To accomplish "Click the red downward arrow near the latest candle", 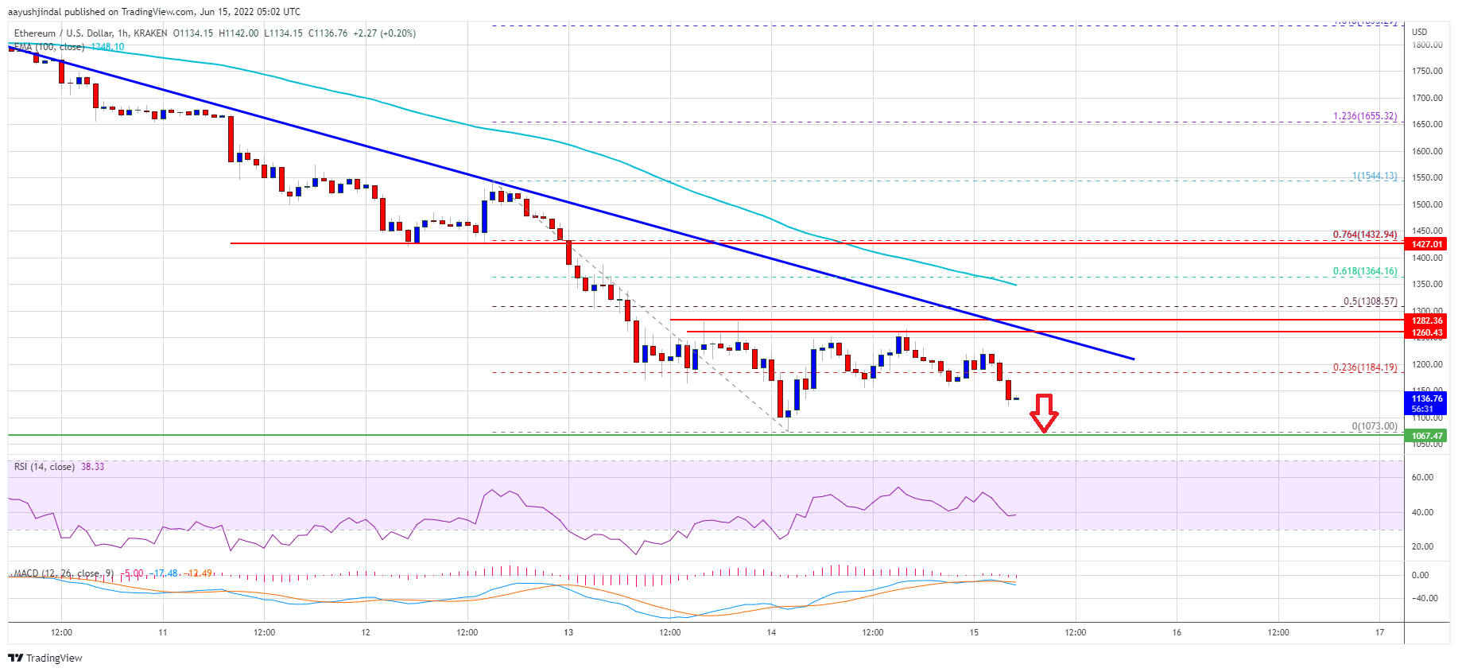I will click(x=1043, y=413).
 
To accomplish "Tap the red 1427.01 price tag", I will click(x=1427, y=244).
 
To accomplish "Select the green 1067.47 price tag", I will click(x=1427, y=436).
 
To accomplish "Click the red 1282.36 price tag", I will click(x=1427, y=320).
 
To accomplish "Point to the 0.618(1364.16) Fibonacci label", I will click(x=1364, y=271).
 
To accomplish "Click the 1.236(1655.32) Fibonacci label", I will click(x=1364, y=116).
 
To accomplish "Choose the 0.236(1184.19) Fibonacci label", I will click(x=1364, y=367).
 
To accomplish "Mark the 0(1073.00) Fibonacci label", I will click(x=1374, y=426).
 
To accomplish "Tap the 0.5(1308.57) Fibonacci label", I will click(x=1370, y=301).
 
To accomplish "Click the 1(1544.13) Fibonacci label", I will click(x=1374, y=176).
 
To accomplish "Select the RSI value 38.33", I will click(x=92, y=467).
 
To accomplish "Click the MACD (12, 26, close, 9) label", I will click(x=64, y=573).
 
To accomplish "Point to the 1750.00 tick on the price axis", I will click(x=1426, y=72).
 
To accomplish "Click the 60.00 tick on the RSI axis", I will click(x=1422, y=478).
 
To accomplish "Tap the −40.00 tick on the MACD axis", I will click(x=1424, y=599).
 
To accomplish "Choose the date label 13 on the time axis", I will click(x=568, y=633).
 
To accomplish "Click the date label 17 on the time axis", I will click(x=1379, y=633).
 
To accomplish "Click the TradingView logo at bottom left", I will click(x=45, y=658).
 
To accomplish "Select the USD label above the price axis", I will click(x=1419, y=33).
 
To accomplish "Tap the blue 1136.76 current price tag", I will click(x=1427, y=403).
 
